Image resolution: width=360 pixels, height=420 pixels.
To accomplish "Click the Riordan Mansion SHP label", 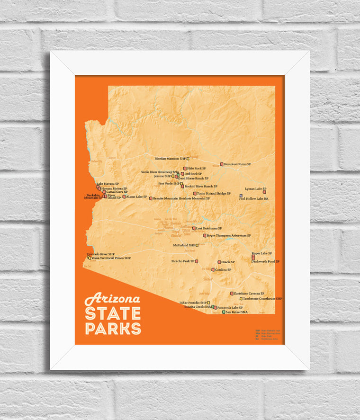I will click(x=170, y=158).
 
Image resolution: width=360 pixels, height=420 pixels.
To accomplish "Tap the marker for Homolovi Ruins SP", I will click(x=221, y=164).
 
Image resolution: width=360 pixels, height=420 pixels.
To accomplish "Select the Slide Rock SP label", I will click(x=197, y=168).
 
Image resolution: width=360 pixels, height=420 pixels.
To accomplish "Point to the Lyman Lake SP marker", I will click(x=265, y=192).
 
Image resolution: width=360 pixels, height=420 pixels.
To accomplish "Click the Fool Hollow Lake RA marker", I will click(x=241, y=196).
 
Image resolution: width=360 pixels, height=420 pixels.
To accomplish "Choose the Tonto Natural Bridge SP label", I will click(x=214, y=193).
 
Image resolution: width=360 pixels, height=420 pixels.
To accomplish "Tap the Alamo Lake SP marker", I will click(x=124, y=197).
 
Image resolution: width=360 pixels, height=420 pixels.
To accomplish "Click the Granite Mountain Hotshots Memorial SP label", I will click(x=181, y=198).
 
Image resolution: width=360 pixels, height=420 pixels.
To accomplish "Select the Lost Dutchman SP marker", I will click(x=194, y=228).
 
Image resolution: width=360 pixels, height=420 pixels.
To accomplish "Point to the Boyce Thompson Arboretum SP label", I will click(x=229, y=235).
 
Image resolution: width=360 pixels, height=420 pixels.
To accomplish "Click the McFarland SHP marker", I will click(x=197, y=245).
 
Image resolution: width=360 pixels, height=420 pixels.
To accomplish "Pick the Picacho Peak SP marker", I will click(x=197, y=261).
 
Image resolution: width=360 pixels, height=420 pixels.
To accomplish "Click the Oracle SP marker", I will click(x=219, y=262).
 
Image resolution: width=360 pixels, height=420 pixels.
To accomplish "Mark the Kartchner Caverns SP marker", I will click(x=232, y=294).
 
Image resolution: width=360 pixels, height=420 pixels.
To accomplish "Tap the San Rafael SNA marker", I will click(x=223, y=313).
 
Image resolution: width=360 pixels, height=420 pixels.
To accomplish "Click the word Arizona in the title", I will click(x=112, y=299).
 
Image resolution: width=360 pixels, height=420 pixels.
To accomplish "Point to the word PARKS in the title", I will click(x=113, y=328).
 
